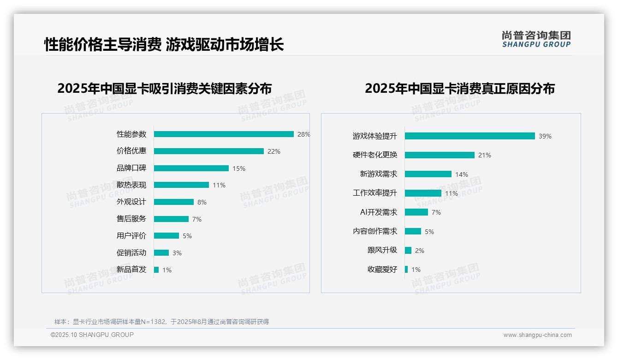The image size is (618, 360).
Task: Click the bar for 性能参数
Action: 224,134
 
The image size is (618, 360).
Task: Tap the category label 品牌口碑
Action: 131,168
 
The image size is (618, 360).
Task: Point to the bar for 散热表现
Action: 181,185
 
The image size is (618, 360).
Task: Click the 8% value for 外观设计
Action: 202,202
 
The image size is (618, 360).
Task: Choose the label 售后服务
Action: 131,219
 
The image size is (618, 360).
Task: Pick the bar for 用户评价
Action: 166,236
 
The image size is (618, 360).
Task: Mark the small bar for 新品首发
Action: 156,270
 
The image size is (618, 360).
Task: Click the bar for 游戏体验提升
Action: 469,136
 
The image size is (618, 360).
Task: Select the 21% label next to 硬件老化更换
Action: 484,155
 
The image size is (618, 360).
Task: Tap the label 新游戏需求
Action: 378,174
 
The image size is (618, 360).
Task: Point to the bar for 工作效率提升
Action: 423,193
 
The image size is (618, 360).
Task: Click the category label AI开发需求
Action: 378,212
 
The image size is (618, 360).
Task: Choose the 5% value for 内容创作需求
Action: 429,232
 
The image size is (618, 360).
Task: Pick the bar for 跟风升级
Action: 408,251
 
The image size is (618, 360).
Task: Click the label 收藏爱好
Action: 382,270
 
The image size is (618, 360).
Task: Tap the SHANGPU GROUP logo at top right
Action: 536,39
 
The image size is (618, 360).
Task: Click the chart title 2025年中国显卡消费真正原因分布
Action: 459,89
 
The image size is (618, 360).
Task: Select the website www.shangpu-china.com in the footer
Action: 537,335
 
